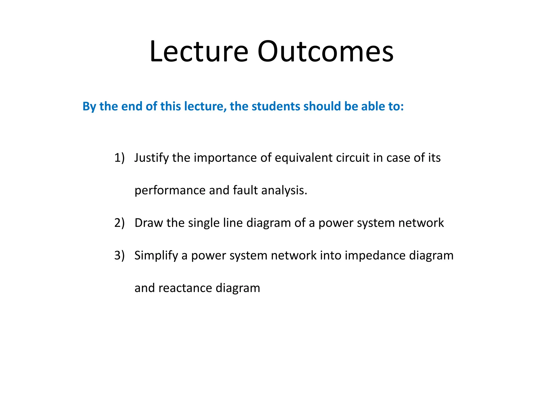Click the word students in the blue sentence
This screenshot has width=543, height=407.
click(275, 106)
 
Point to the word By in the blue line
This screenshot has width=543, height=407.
click(89, 106)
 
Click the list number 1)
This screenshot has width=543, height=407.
click(119, 158)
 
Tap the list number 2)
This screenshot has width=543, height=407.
click(119, 223)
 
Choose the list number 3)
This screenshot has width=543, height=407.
click(119, 255)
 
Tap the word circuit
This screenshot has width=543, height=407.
click(353, 158)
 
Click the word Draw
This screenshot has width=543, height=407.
click(148, 223)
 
